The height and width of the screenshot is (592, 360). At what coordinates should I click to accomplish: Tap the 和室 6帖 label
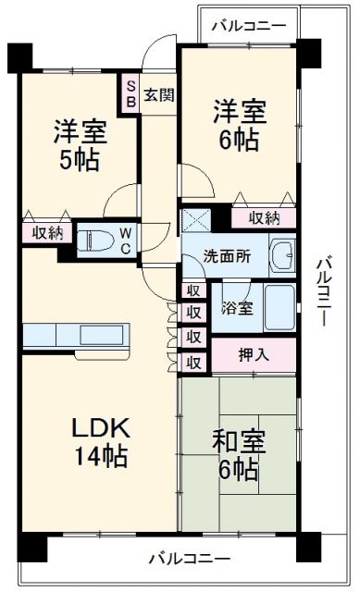pos(239,456)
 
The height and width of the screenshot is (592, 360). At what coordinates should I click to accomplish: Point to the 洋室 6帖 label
pos(239,126)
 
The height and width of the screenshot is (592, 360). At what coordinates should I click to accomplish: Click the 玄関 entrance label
pos(158,94)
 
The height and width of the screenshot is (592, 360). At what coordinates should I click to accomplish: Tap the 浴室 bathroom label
pos(237,309)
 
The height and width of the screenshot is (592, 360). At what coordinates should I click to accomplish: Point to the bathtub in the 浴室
pos(279,308)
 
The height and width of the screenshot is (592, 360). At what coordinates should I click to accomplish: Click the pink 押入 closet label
pos(254,353)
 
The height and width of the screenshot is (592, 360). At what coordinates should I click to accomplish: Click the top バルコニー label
pos(247,25)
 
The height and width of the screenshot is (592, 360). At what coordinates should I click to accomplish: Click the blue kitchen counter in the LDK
pos(77,332)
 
